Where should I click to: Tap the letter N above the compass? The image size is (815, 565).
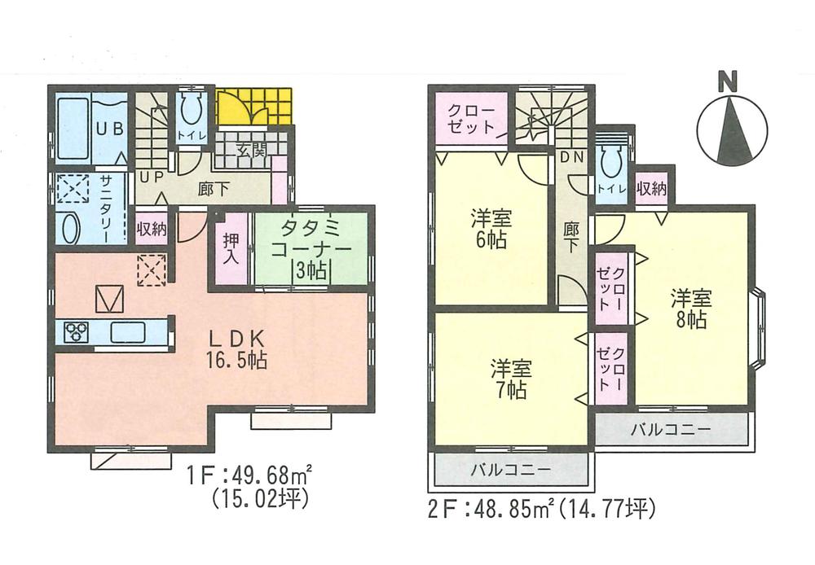click(x=728, y=81)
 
